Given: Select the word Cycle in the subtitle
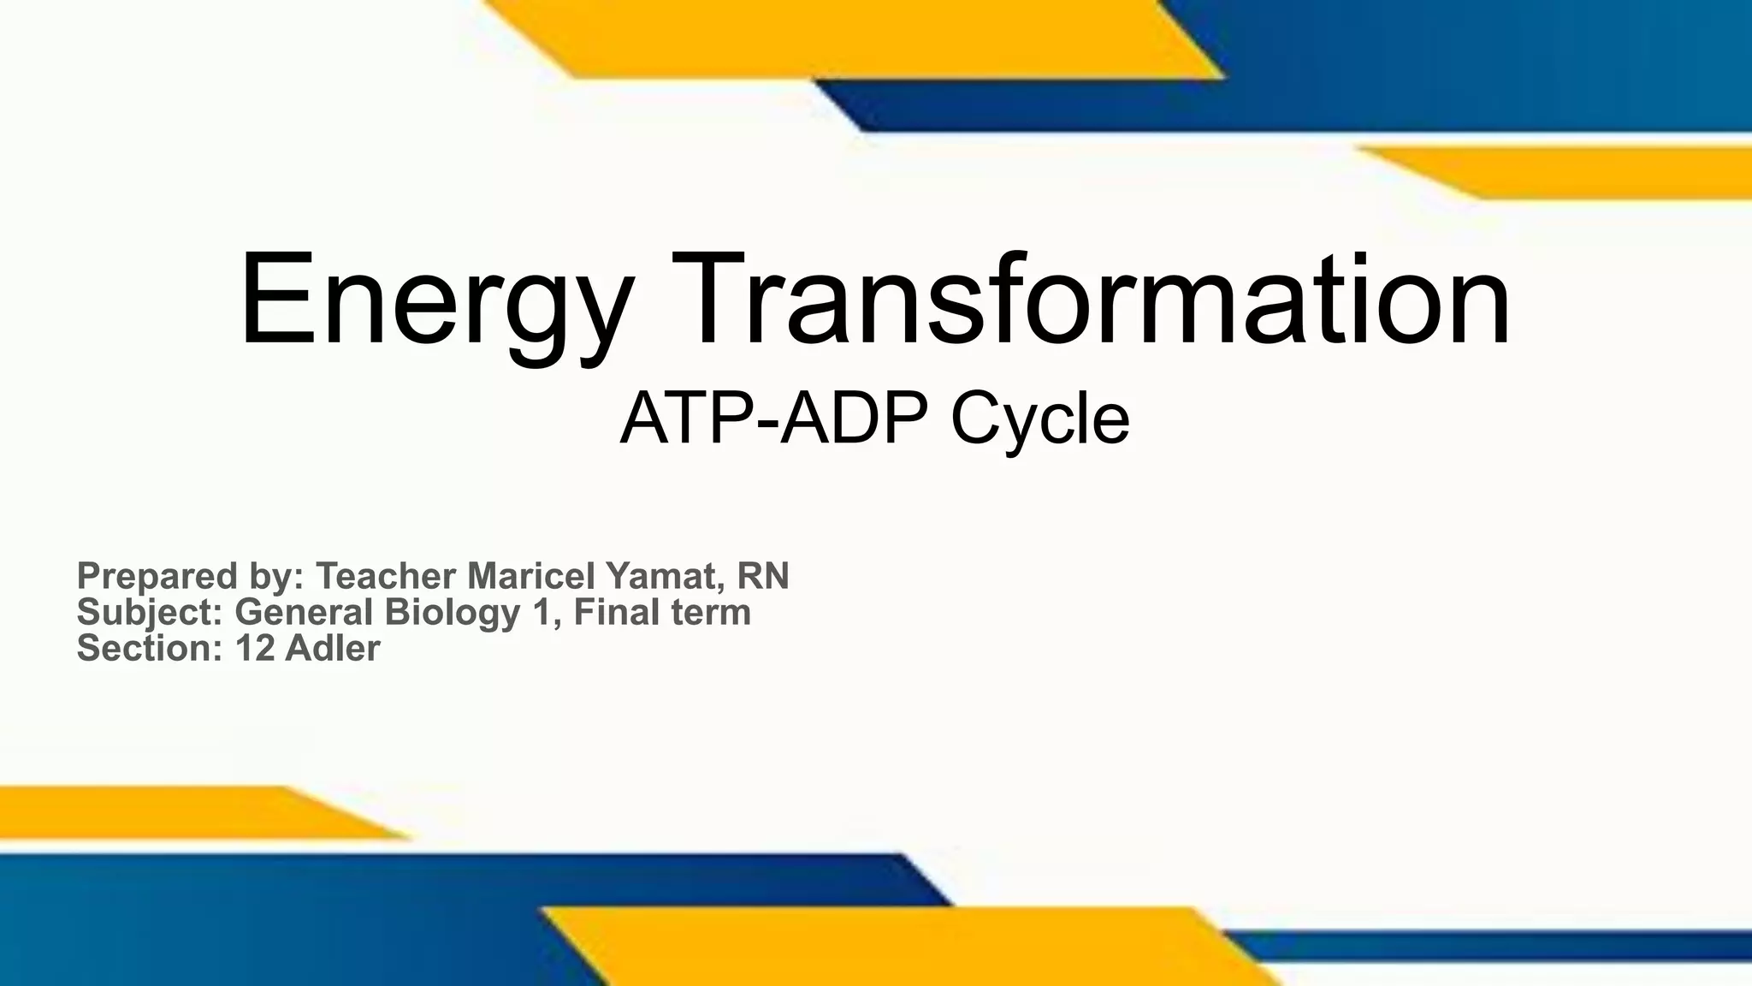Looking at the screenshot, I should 1039,419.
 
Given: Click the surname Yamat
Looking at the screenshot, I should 658,576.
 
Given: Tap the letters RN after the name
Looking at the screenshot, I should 762,576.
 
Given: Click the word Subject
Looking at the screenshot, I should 150,613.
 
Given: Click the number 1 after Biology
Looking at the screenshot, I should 541,613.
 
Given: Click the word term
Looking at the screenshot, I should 711,613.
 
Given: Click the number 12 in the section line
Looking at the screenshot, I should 255,649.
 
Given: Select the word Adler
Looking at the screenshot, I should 332,649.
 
